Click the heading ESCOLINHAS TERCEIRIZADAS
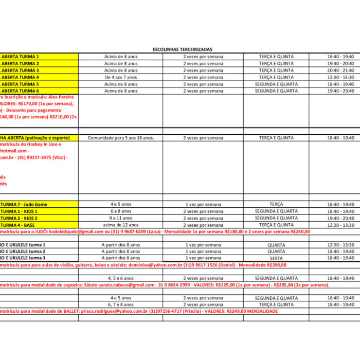click(x=183, y=49)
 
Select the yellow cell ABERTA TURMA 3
click(x=21, y=70)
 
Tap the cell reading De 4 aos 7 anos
click(x=121, y=77)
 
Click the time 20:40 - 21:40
click(x=340, y=70)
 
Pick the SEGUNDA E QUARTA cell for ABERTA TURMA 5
click(x=276, y=84)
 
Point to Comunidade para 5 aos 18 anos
click(x=121, y=138)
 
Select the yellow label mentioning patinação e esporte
click(x=36, y=138)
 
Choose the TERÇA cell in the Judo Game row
click(x=276, y=204)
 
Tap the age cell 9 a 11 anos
click(x=121, y=218)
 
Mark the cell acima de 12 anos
click(x=121, y=225)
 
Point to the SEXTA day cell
click(x=276, y=258)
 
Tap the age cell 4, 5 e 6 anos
click(x=121, y=278)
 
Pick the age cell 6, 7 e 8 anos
click(x=121, y=304)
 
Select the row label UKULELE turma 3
click(x=23, y=258)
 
